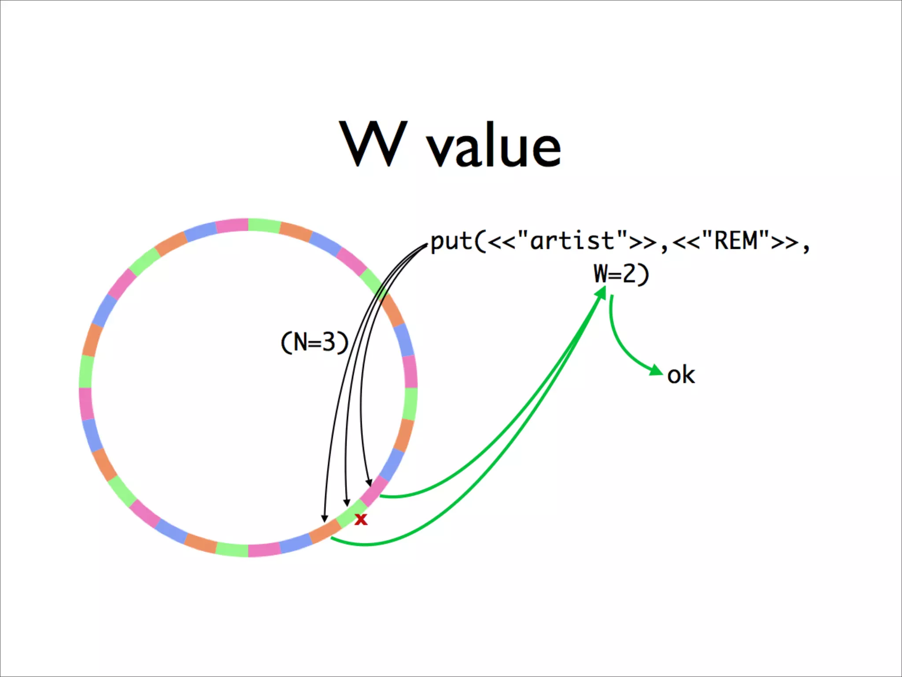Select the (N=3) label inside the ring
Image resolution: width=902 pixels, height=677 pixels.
[x=314, y=342]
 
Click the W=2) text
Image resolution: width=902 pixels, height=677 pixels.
[x=621, y=274]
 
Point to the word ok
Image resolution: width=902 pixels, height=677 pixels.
[x=680, y=376]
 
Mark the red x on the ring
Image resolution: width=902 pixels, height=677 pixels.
[x=361, y=519]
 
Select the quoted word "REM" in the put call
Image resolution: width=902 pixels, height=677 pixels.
[x=735, y=241]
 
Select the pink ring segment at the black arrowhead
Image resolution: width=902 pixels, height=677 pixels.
[x=375, y=489]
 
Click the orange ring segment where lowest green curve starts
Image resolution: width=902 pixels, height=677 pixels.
[x=325, y=532]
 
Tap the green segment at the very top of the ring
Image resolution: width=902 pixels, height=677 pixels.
[x=264, y=225]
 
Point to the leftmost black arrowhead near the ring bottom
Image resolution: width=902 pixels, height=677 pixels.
[x=325, y=518]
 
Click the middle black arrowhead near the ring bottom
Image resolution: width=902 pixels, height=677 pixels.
[x=347, y=503]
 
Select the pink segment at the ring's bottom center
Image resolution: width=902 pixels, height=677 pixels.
[x=264, y=550]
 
